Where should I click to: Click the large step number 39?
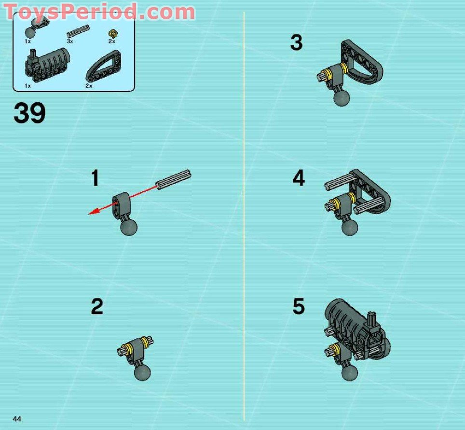[x=30, y=114]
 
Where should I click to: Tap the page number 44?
[x=17, y=418]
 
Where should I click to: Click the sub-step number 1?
[x=96, y=178]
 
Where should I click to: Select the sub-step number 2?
[x=97, y=307]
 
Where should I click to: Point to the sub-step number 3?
[x=296, y=43]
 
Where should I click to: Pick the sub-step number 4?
[x=299, y=179]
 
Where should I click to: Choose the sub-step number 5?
[x=299, y=307]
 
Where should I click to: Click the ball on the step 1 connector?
[x=129, y=227]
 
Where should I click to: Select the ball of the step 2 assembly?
[x=142, y=371]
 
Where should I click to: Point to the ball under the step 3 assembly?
[x=342, y=97]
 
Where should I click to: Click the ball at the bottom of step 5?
[x=350, y=372]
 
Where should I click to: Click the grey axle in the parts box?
[x=77, y=31]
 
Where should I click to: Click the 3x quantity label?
[x=70, y=41]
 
